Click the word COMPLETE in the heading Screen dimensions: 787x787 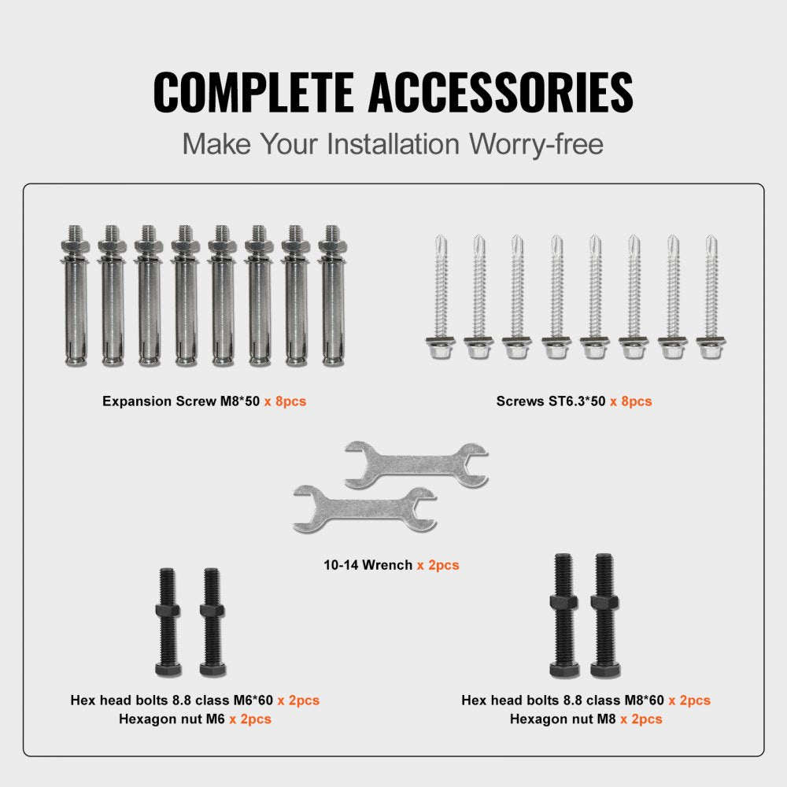(x=253, y=93)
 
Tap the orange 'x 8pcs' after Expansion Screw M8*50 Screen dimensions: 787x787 (x=285, y=401)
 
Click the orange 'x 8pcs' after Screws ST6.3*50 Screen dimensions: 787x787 (x=630, y=401)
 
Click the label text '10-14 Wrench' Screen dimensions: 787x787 (x=368, y=565)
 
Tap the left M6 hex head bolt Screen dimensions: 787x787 (x=168, y=622)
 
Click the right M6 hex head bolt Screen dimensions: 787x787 (x=212, y=622)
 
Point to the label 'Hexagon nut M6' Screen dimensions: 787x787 (x=172, y=719)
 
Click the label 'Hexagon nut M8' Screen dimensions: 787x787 (x=563, y=719)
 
